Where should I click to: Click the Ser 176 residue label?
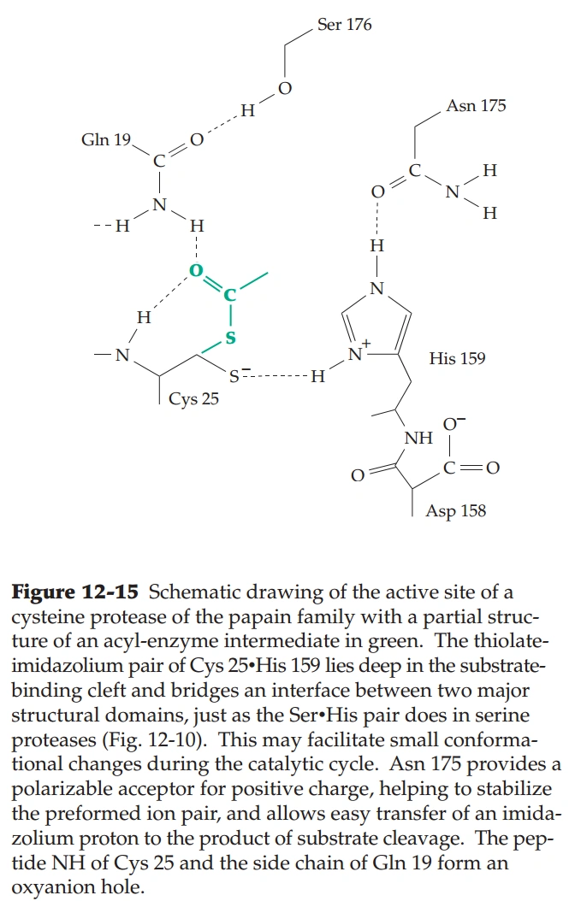344,25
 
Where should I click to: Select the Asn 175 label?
476,106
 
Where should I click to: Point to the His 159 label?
457,358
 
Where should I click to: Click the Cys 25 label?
194,398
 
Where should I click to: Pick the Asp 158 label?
456,511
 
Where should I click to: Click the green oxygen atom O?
196,273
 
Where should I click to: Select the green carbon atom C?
228,296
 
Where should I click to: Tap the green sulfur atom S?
229,339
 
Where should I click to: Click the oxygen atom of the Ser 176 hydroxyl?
285,89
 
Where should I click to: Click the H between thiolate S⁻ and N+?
317,376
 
